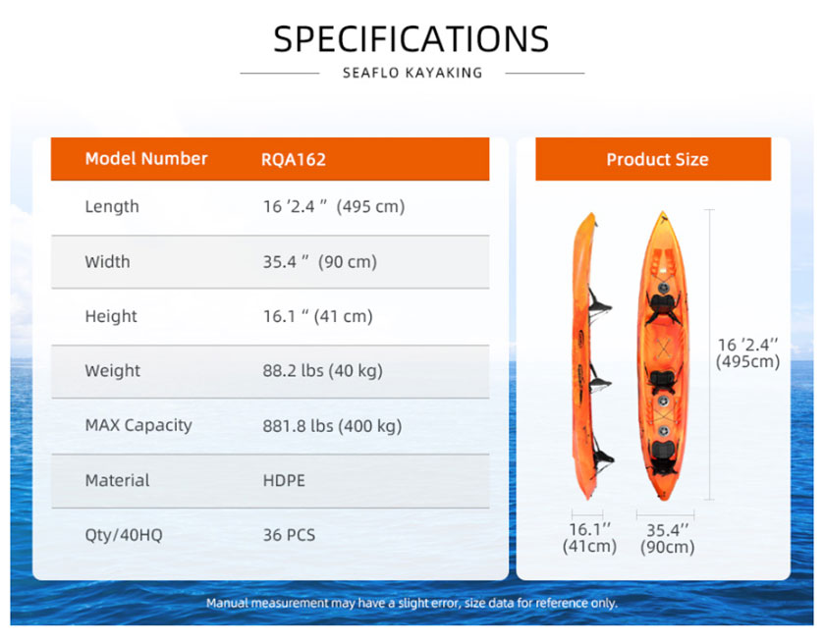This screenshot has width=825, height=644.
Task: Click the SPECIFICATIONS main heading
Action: click(x=411, y=39)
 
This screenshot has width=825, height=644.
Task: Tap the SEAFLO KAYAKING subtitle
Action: click(x=412, y=73)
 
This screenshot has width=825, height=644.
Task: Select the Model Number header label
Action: click(x=146, y=159)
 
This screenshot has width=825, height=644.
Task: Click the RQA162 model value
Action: click(x=294, y=159)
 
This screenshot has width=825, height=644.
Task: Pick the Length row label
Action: click(x=112, y=206)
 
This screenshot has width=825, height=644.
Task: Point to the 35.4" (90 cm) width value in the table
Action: click(x=320, y=261)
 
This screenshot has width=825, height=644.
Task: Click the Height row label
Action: click(x=111, y=316)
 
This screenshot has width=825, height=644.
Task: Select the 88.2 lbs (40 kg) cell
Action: click(x=322, y=371)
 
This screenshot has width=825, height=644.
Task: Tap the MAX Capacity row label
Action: click(x=138, y=425)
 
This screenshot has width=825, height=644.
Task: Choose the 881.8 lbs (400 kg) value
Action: click(x=332, y=425)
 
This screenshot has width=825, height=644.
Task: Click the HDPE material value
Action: click(x=284, y=480)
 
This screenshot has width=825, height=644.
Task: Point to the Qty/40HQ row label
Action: click(x=124, y=535)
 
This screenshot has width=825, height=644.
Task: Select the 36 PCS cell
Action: click(x=289, y=535)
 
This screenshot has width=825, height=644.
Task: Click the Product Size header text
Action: click(x=657, y=159)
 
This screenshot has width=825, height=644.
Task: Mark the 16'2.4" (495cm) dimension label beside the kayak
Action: click(x=747, y=352)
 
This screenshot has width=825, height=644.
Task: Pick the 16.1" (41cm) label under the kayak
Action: click(x=589, y=538)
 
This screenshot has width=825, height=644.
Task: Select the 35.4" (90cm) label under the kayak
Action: click(x=667, y=538)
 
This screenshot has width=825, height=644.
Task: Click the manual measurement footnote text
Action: click(x=412, y=603)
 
